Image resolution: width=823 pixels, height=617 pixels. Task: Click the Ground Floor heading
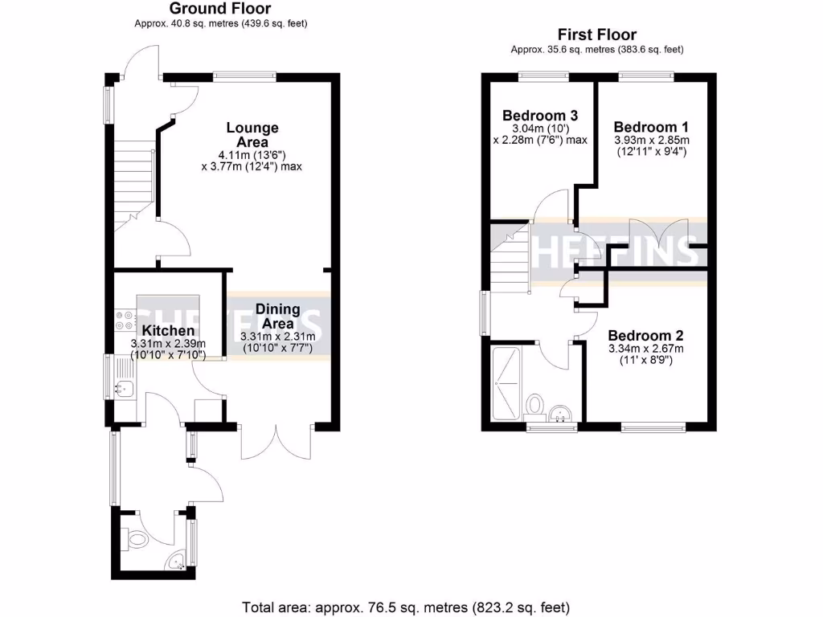pyautogui.click(x=220, y=9)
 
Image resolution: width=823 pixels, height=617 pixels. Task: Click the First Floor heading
pyautogui.click(x=596, y=35)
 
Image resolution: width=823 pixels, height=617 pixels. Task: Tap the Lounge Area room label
pyautogui.click(x=252, y=134)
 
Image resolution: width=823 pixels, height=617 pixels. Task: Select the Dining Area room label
pyautogui.click(x=277, y=316)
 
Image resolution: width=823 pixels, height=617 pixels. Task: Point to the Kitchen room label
pyautogui.click(x=168, y=330)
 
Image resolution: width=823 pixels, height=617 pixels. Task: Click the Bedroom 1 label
pyautogui.click(x=650, y=127)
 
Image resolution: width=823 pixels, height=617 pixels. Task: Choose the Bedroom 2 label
pyautogui.click(x=645, y=336)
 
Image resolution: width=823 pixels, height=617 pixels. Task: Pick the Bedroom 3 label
pyautogui.click(x=539, y=115)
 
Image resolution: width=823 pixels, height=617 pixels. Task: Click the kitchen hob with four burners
pyautogui.click(x=125, y=320)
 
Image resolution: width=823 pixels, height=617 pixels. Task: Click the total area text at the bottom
pyautogui.click(x=406, y=607)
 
